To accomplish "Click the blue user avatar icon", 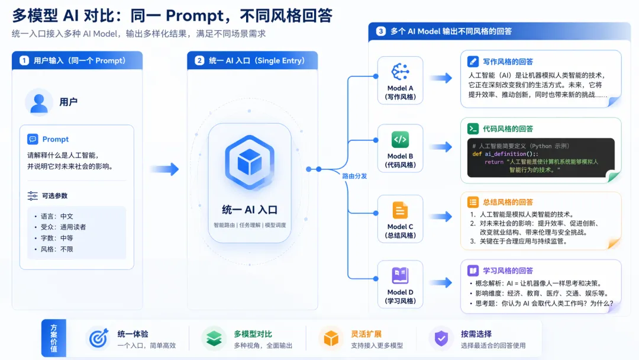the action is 38,102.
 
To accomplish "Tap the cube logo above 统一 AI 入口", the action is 250,162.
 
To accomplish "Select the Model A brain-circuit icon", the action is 400,72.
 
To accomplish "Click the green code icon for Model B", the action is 400,139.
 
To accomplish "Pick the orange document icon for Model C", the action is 400,210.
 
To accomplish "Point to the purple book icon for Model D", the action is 400,275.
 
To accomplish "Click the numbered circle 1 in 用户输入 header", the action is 24,61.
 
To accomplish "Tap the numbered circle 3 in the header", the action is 380,31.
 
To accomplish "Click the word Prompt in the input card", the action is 56,139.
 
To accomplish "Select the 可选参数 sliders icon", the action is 33,196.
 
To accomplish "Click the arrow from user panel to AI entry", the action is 164,169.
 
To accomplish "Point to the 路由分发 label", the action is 354,176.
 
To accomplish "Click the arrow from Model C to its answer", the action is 441,216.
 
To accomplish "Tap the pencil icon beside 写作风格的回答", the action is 473,62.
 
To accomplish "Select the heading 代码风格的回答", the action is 508,129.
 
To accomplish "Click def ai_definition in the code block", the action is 499,154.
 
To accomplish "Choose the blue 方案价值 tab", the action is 54,338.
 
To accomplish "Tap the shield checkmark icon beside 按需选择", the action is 441,338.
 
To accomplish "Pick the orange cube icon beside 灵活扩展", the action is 331,338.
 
